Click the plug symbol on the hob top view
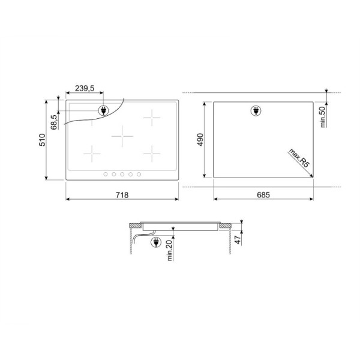click(x=103, y=110)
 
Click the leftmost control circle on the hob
click(x=104, y=174)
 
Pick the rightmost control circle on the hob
click(x=139, y=174)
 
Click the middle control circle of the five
click(x=122, y=174)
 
